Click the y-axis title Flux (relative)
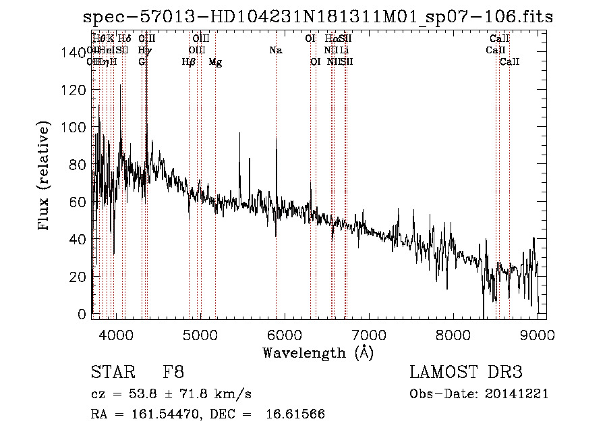[x=45, y=177]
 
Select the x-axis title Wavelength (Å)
[x=318, y=352]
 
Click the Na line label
[x=275, y=50]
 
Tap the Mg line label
[x=214, y=62]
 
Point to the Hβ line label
[x=189, y=62]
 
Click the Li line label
[x=344, y=50]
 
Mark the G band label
[x=142, y=62]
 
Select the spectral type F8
[x=173, y=373]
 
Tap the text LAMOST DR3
[x=465, y=373]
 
